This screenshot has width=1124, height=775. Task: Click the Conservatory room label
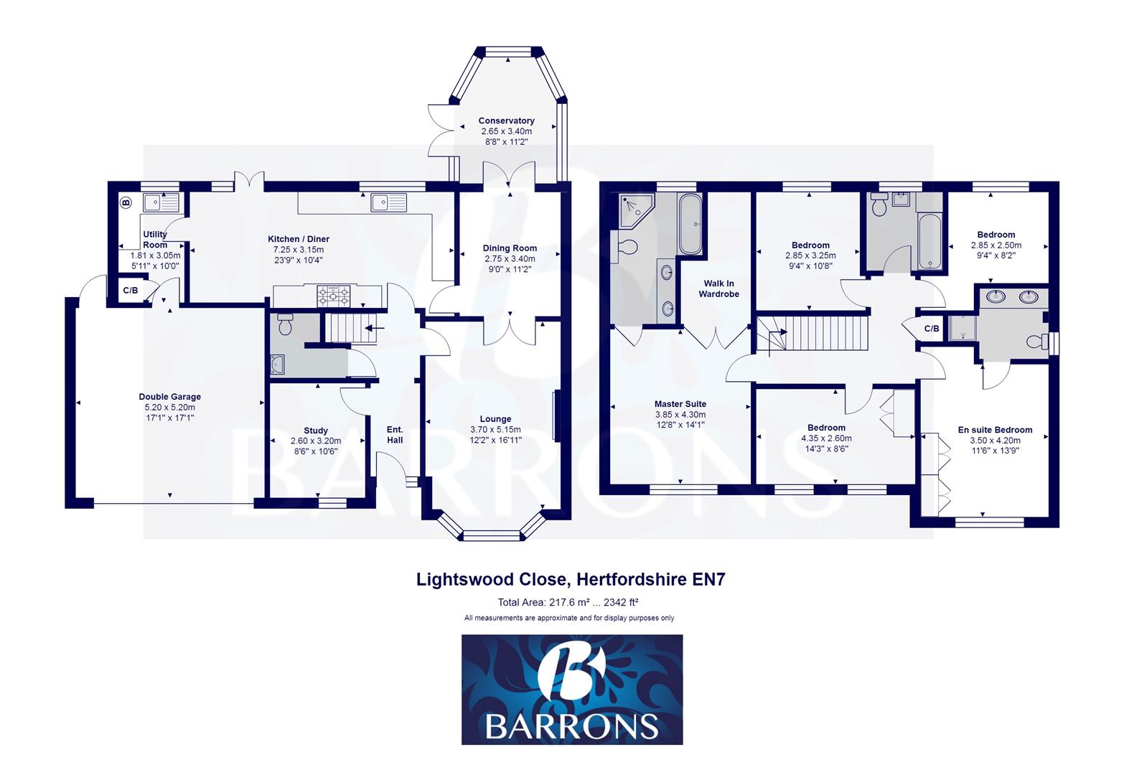506,121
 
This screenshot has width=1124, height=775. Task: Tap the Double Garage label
169,397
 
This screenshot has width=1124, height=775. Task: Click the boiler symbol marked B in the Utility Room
126,202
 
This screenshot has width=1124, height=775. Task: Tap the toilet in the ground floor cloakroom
285,325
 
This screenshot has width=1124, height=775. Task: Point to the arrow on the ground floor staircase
375,329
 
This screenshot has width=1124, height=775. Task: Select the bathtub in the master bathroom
691,223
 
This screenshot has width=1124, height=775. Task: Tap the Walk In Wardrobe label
718,288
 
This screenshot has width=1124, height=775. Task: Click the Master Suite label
680,404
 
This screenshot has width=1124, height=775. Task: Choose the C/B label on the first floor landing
931,329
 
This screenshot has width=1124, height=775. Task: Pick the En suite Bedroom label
995,430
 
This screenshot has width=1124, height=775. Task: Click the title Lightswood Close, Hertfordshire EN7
571,579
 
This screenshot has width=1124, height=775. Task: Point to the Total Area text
568,603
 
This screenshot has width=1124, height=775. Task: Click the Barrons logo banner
571,689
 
